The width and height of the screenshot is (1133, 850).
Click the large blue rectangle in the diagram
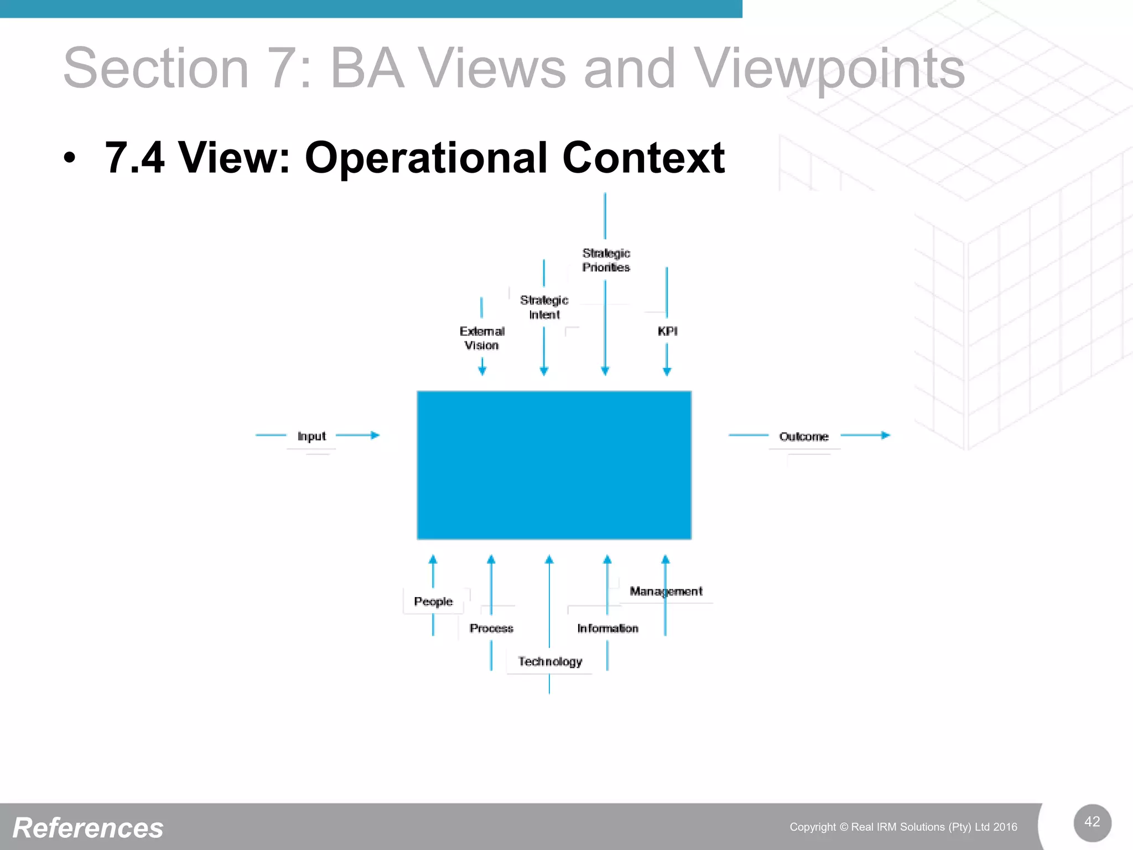(x=554, y=465)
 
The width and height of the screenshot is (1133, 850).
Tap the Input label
(x=311, y=436)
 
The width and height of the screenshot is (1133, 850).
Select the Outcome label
(x=804, y=437)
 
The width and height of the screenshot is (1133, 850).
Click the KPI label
(x=667, y=331)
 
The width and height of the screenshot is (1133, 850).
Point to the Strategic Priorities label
(x=606, y=260)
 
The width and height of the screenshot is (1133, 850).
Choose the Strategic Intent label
(x=544, y=307)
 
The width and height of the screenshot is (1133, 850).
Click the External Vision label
(x=482, y=338)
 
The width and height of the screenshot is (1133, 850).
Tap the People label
(x=433, y=602)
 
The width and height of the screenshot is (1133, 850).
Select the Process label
(x=491, y=628)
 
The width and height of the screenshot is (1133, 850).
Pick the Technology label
(x=550, y=661)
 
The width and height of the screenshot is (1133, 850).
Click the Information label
(x=607, y=628)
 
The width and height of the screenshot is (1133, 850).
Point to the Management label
(x=666, y=591)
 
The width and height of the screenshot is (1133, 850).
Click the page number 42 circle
(x=1092, y=822)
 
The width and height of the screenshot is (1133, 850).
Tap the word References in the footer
(x=88, y=828)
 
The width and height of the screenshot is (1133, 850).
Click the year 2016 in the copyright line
(x=1005, y=827)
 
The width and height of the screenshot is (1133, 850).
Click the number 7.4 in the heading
(x=134, y=158)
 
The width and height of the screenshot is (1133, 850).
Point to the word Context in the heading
(x=643, y=158)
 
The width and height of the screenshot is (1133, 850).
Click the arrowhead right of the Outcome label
(x=886, y=436)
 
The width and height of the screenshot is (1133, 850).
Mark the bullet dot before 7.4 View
(x=69, y=158)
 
